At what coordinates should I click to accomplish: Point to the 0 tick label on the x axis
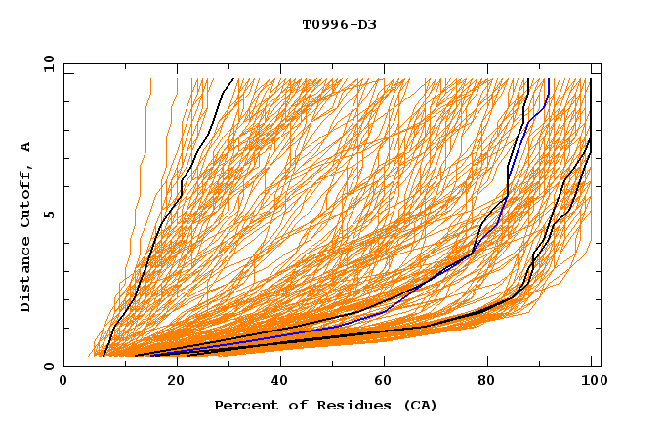click(x=63, y=382)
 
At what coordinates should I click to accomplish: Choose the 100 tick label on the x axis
click(x=593, y=382)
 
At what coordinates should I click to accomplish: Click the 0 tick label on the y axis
click(x=49, y=366)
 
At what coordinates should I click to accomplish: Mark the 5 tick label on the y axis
click(x=49, y=214)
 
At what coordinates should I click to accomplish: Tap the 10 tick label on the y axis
click(x=46, y=63)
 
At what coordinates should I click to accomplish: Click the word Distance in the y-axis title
click(x=26, y=275)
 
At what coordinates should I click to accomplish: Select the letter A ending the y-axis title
click(x=26, y=147)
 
